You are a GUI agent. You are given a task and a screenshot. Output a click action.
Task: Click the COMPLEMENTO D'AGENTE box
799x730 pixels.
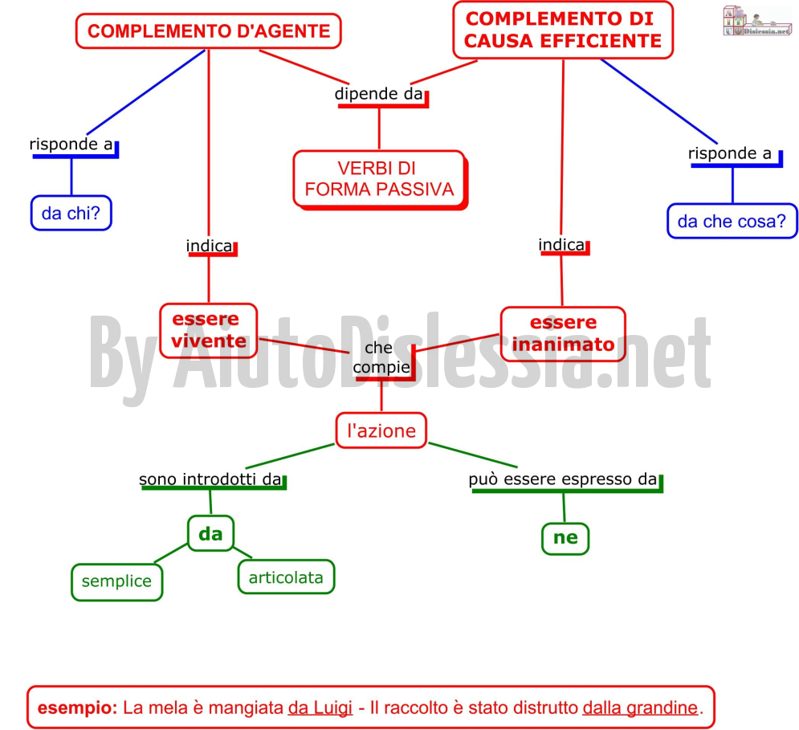[209, 31]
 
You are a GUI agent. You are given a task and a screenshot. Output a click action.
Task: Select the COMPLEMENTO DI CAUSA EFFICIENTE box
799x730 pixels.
[563, 30]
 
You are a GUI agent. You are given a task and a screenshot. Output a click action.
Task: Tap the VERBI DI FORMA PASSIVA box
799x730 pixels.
[380, 179]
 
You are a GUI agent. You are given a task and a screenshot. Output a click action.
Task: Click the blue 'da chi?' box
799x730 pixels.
[71, 213]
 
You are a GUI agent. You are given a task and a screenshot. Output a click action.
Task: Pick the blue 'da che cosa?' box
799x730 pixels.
[732, 221]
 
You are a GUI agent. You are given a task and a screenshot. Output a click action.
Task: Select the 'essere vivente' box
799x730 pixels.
[209, 330]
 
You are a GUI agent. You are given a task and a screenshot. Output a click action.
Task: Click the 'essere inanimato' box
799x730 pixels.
[563, 334]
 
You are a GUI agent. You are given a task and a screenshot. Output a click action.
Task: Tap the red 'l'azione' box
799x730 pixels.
[381, 430]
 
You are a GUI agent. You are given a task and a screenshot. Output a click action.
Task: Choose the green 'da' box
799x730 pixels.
[211, 533]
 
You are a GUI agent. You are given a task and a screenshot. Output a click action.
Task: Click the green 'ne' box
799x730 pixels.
[565, 538]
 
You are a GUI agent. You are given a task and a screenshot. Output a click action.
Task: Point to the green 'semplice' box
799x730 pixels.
[116, 581]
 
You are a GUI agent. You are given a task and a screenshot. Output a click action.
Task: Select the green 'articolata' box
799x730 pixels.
[286, 577]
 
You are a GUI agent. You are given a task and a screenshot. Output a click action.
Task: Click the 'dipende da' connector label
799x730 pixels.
[378, 94]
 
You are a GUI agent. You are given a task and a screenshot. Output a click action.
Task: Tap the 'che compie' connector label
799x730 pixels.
[381, 357]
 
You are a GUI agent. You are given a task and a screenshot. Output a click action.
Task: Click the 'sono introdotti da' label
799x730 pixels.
[210, 479]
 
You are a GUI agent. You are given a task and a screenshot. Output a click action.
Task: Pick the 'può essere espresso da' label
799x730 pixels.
[563, 479]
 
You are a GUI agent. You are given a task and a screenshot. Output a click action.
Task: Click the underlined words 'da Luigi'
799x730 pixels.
[320, 708]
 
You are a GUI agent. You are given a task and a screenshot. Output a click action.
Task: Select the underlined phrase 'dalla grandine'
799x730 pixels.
[640, 708]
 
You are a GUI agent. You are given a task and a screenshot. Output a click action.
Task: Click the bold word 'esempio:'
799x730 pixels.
[77, 708]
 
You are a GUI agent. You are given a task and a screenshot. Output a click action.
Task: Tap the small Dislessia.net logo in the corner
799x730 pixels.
[756, 22]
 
